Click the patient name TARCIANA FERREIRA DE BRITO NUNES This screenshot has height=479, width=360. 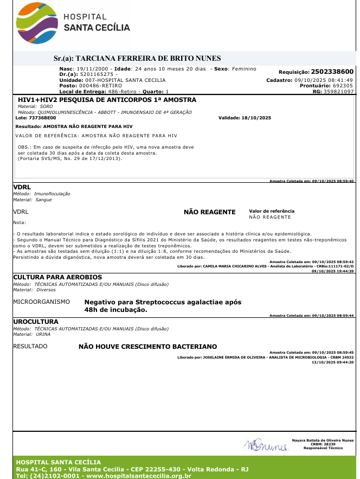pyautogui.click(x=148, y=58)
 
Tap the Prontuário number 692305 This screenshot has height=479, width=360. pyautogui.click(x=343, y=86)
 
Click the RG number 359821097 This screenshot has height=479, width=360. pyautogui.click(x=337, y=92)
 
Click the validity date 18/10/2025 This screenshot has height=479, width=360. pyautogui.click(x=256, y=118)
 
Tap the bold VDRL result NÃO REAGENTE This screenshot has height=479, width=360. pyautogui.click(x=209, y=212)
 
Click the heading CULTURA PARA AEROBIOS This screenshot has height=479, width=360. pyautogui.click(x=49, y=277)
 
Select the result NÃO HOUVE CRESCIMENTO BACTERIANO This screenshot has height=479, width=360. pyautogui.click(x=148, y=346)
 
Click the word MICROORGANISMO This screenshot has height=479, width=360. pyautogui.click(x=41, y=302)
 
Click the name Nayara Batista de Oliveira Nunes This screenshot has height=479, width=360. pyautogui.click(x=323, y=440)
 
